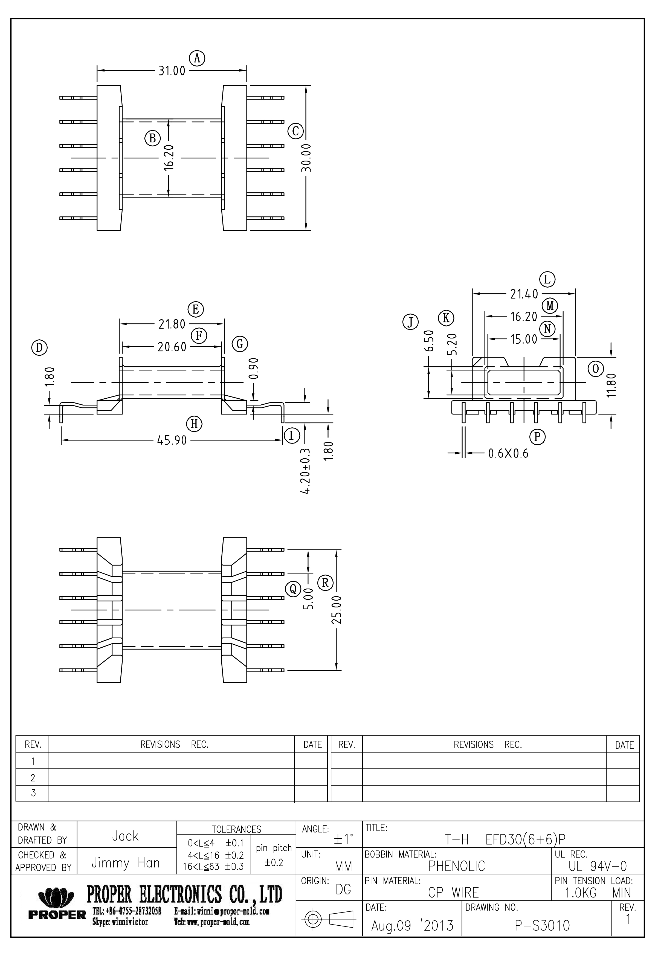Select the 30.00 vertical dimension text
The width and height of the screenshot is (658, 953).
(x=306, y=158)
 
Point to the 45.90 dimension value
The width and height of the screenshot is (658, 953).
(x=172, y=441)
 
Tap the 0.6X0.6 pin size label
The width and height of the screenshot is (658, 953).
(x=508, y=454)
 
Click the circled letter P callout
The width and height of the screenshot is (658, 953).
(x=537, y=436)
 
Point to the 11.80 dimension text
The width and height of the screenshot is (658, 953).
(x=611, y=385)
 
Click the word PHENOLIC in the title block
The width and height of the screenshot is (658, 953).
(x=456, y=866)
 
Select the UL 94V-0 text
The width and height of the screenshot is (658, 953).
(x=597, y=866)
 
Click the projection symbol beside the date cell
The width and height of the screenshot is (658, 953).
(x=329, y=919)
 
